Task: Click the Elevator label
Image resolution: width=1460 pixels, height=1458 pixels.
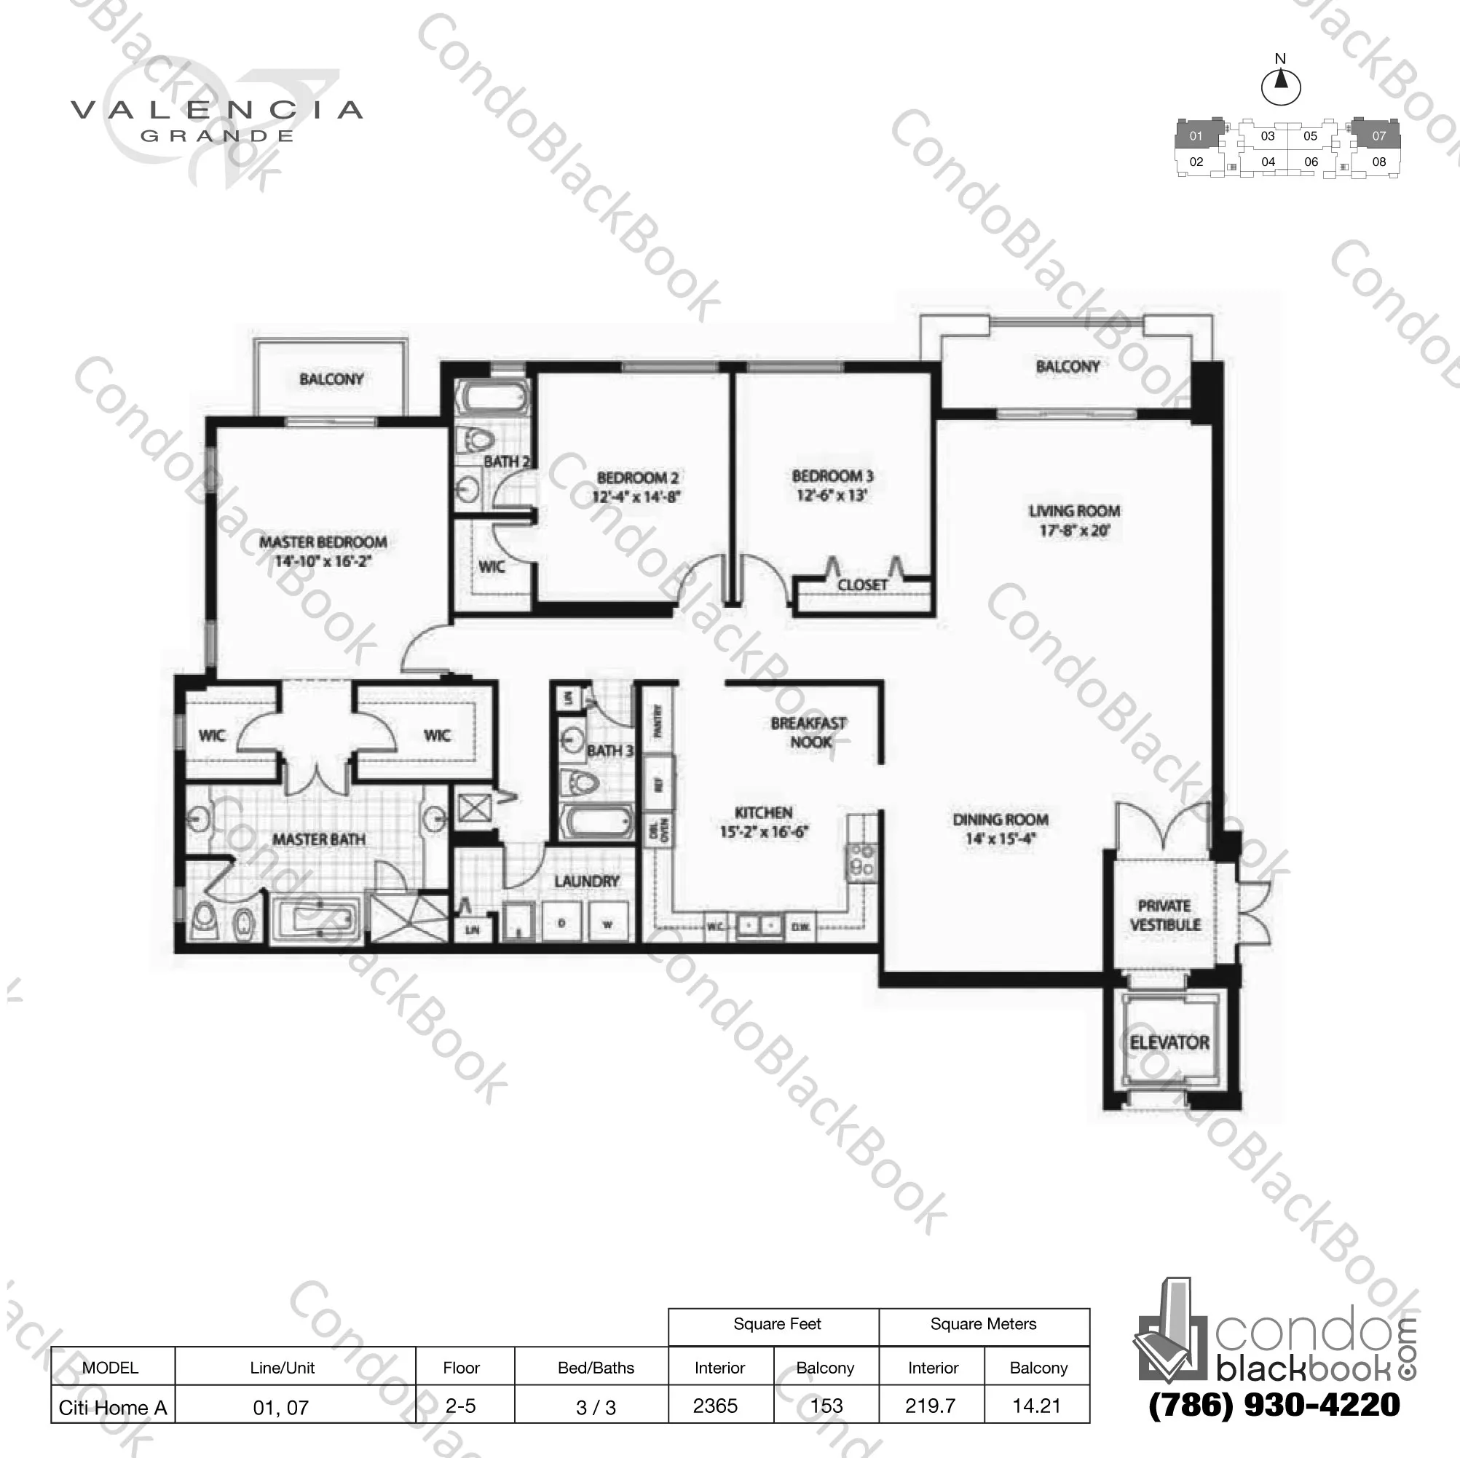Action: pos(1169,1042)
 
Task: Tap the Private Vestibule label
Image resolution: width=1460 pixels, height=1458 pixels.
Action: pos(1164,915)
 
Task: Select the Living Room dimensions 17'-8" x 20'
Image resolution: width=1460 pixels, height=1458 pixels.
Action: pos(1074,531)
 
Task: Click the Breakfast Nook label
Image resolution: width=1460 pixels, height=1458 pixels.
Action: pos(808,732)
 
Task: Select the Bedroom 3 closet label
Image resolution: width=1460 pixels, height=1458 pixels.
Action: pos(862,585)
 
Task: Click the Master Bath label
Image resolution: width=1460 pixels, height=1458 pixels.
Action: pos(318,839)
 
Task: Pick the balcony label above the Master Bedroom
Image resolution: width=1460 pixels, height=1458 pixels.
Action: pos(331,379)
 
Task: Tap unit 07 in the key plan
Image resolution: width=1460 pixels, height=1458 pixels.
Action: pos(1378,136)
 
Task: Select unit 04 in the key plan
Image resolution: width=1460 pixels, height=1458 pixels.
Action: pos(1268,162)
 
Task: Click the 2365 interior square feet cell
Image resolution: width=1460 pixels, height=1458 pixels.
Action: pos(715,1406)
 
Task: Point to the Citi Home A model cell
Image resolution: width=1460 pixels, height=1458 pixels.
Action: pos(113,1407)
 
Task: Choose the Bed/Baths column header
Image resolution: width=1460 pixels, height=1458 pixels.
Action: pos(596,1367)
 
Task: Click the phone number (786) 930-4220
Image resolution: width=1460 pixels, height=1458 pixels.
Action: pos(1274,1404)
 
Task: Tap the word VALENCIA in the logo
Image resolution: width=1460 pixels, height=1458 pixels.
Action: pos(217,111)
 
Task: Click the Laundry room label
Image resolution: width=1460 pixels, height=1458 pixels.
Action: pos(586,881)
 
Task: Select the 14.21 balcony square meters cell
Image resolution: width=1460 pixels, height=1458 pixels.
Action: pos(1036,1406)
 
